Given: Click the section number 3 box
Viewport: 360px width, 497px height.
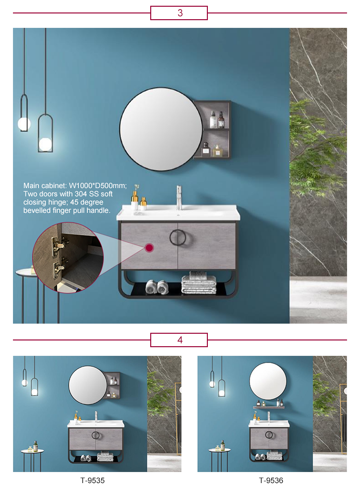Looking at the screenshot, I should click(x=179, y=13).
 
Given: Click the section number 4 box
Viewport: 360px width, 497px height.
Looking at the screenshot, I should click(x=179, y=340).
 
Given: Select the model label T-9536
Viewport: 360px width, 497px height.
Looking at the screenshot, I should click(x=271, y=480).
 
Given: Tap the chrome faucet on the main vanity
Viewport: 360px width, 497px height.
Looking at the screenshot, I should click(x=179, y=197).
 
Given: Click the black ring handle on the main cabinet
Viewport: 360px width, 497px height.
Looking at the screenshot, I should click(x=178, y=238).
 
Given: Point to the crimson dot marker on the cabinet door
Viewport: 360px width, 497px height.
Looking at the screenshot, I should click(x=149, y=248).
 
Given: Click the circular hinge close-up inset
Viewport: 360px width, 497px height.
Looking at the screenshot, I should click(x=67, y=257).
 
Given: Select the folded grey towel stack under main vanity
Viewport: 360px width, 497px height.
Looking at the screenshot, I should click(x=199, y=284).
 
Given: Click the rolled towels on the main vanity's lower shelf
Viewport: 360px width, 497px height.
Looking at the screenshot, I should click(x=157, y=287).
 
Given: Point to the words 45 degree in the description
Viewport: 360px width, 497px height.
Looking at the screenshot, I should click(x=87, y=202).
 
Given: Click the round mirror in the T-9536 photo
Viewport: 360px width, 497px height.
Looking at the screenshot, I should click(x=268, y=381).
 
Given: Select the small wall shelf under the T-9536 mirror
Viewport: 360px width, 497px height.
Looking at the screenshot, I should click(x=268, y=407).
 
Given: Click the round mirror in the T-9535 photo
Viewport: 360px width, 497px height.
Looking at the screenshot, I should click(x=87, y=385).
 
